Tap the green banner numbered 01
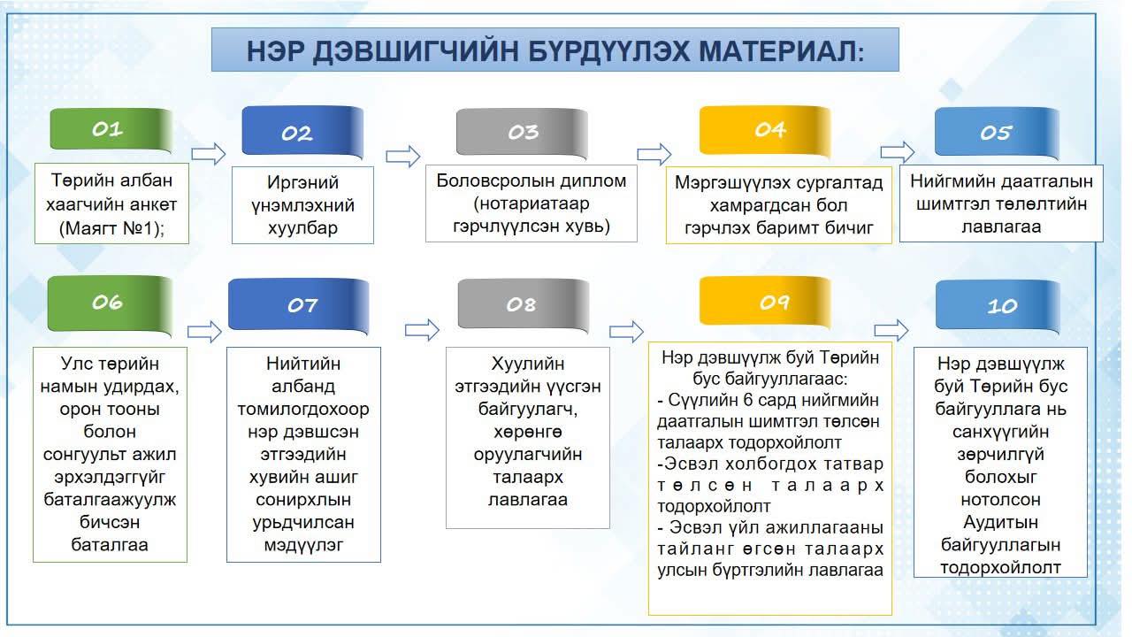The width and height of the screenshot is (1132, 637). coord(111,129)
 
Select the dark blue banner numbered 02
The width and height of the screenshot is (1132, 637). coord(302,132)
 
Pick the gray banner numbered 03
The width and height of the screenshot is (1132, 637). coord(522,133)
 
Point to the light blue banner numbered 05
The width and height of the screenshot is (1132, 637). coord(997,133)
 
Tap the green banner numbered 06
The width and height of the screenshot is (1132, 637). coord(110,303)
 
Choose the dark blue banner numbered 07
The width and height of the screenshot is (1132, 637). coord(299,305)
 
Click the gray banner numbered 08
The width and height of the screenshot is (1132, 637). coord(523,304)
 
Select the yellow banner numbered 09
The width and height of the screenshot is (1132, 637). coord(765,302)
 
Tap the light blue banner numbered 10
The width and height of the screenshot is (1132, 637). coord(998,306)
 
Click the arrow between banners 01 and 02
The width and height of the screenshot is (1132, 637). coord(208,154)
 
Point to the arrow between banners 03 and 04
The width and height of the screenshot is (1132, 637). coord(654,154)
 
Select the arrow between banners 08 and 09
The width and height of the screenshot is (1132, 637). coord(626,332)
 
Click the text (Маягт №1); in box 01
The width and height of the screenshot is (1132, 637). coord(111,228)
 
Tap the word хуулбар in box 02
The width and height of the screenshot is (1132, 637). coord(302,228)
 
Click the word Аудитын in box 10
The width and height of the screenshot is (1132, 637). coord(1000,522)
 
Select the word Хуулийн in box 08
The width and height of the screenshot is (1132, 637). coord(528,364)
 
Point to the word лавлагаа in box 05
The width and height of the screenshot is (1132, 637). coord(1001,226)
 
